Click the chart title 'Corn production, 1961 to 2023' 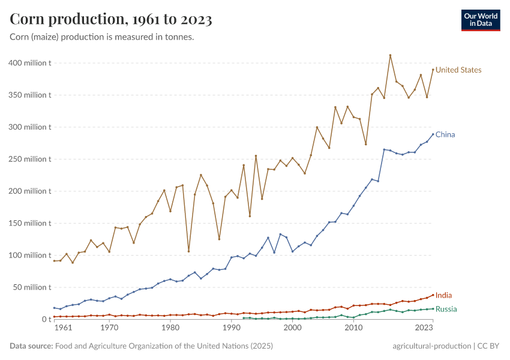pyautogui.click(x=111, y=19)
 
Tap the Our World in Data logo pyautogui.click(x=481, y=20)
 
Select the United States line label pyautogui.click(x=458, y=70)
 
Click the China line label pyautogui.click(x=445, y=134)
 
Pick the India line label pyautogui.click(x=444, y=295)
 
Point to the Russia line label pyautogui.click(x=446, y=309)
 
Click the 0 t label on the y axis pyautogui.click(x=46, y=319)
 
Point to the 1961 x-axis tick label pyautogui.click(x=63, y=329)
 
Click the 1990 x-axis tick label pyautogui.click(x=231, y=329)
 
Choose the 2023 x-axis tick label pyautogui.click(x=424, y=329)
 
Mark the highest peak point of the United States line pyautogui.click(x=390, y=55)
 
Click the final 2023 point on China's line pyautogui.click(x=433, y=134)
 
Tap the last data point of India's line pyautogui.click(x=433, y=295)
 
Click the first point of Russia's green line pyautogui.click(x=244, y=318)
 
